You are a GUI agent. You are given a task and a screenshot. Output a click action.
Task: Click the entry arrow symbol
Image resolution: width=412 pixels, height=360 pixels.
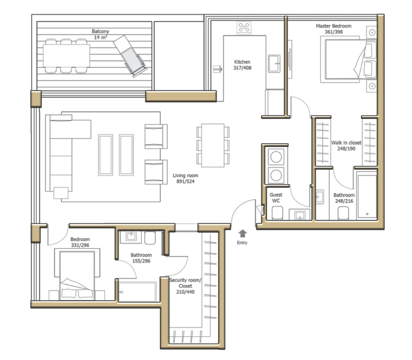tap(242, 234)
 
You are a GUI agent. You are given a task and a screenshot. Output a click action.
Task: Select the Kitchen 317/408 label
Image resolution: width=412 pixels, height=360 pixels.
tap(242, 65)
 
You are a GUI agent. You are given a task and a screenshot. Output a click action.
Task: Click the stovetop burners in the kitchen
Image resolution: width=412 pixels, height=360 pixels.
tap(244, 27)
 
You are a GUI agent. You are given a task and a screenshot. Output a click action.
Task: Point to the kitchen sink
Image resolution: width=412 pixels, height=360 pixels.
tap(274, 64)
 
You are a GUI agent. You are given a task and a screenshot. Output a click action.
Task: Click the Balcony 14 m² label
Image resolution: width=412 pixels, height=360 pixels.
tap(100, 34)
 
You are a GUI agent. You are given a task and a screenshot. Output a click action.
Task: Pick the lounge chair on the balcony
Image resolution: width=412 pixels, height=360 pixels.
tap(130, 56)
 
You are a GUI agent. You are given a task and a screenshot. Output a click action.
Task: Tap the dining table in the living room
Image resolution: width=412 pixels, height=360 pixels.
tap(213, 145)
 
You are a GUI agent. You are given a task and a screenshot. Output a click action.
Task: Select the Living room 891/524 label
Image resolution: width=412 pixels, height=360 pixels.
tap(185, 178)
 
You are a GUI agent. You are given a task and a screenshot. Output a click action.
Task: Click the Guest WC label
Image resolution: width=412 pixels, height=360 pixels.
tap(276, 198)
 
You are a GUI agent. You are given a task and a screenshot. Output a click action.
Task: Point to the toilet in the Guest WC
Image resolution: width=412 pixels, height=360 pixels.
tap(277, 213)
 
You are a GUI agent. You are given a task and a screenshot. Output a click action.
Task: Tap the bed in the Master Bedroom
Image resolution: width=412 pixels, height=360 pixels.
tap(348, 59)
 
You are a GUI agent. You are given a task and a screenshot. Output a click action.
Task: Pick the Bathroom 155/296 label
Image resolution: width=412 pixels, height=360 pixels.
tap(141, 258)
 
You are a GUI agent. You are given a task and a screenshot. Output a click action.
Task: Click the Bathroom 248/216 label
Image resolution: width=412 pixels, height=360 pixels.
tap(344, 198)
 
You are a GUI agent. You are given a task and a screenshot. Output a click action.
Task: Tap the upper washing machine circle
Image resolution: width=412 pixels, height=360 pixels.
tap(276, 157)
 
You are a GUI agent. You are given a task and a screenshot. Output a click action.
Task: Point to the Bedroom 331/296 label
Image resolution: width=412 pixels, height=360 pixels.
tap(80, 242)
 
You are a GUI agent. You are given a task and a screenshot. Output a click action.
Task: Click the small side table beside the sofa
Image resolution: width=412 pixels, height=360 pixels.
tap(61, 193)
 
